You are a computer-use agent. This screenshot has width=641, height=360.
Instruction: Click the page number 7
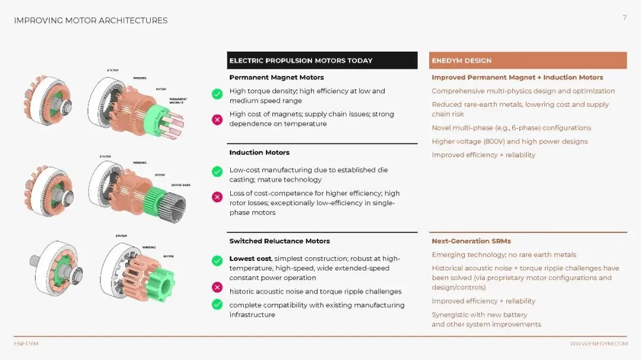pos(624,18)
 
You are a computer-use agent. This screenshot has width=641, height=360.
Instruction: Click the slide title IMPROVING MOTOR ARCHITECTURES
pos(91,21)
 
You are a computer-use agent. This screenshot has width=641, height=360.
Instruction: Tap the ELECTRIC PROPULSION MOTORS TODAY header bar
pos(322,60)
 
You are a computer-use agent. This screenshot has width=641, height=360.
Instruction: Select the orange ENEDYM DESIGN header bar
pos(528,60)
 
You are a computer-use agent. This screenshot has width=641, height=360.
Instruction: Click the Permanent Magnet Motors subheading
pos(277,78)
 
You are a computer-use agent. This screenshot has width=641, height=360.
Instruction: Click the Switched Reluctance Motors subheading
pos(280,241)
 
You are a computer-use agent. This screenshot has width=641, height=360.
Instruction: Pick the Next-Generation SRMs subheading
pos(471,241)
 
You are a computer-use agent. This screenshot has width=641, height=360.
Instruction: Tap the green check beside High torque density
pos(217,94)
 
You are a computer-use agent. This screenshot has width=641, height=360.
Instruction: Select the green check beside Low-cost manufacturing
pos(217,171)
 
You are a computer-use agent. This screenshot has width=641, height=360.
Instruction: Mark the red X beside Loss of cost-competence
pos(217,197)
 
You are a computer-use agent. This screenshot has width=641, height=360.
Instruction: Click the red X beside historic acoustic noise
pos(217,288)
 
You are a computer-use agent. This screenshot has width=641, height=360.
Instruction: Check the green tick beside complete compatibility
pos(217,304)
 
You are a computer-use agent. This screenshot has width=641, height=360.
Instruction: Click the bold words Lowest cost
pos(250,259)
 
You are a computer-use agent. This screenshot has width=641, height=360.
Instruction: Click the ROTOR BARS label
pos(181,185)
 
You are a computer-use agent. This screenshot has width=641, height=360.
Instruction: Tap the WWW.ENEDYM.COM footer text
pos(598,344)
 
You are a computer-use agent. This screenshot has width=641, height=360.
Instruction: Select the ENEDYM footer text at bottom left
pos(26,344)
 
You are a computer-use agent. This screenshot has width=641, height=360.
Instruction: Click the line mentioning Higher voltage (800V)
pos(509,142)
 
